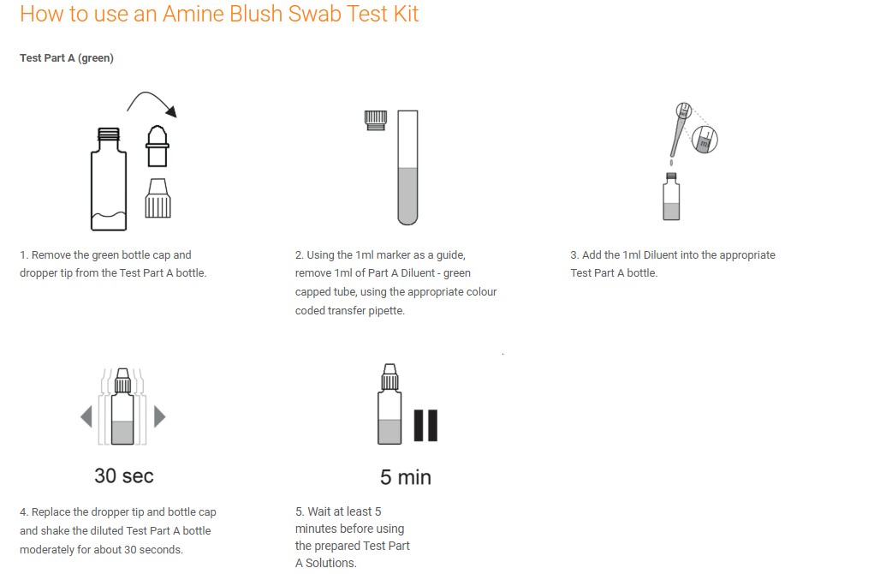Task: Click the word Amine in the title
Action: (193, 14)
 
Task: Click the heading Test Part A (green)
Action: (67, 58)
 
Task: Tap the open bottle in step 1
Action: (109, 179)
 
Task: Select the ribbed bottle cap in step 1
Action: (158, 198)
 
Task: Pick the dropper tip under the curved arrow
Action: (158, 146)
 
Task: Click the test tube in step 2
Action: (407, 167)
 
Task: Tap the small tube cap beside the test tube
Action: (376, 120)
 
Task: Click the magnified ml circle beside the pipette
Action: (705, 140)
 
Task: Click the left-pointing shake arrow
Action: (86, 416)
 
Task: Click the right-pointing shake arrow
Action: (160, 416)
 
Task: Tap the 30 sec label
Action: (124, 475)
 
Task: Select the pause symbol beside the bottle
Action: (425, 426)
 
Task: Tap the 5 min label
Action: (406, 477)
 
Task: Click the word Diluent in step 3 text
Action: (661, 255)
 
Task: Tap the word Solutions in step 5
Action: (331, 563)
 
